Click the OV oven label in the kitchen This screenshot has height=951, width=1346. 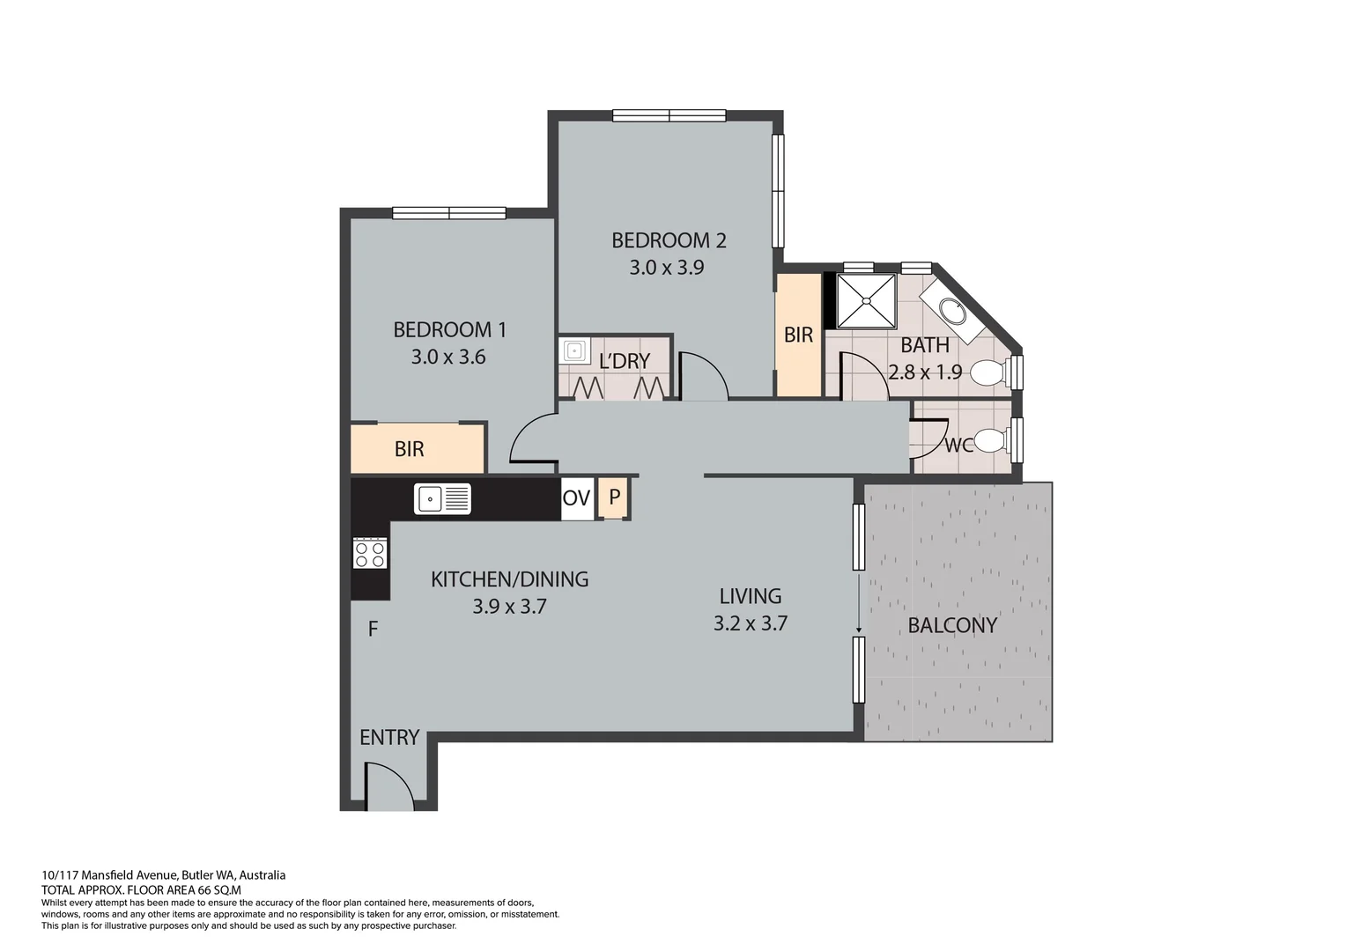(576, 498)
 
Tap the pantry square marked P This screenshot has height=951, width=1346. (614, 497)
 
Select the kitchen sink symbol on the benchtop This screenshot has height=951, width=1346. (442, 499)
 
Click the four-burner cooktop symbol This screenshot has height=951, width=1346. (369, 554)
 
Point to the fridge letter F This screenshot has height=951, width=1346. (373, 630)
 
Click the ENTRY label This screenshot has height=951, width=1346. (389, 738)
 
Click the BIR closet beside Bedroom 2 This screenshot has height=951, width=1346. (798, 335)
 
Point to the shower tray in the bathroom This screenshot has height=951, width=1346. (865, 301)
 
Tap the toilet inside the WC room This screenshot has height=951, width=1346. (991, 440)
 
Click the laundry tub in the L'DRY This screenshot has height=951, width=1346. (574, 351)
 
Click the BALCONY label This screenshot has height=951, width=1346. (952, 625)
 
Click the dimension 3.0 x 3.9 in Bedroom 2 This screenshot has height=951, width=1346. (666, 268)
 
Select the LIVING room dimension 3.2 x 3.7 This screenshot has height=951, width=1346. (750, 624)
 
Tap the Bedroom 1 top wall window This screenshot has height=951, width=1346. (448, 212)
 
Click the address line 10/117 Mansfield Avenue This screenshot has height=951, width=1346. (164, 875)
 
